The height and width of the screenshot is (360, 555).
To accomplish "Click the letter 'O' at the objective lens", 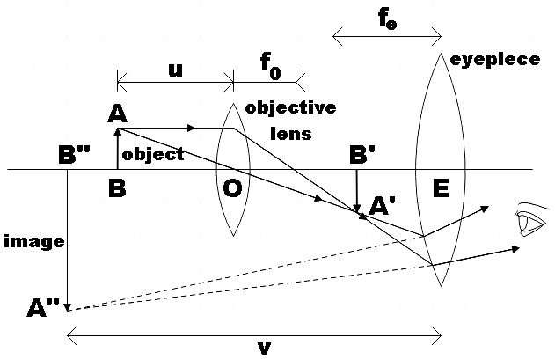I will pos(234,188).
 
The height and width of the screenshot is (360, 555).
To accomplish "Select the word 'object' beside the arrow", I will pos(153,154).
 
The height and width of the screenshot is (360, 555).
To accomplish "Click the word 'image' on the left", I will pos(26,239).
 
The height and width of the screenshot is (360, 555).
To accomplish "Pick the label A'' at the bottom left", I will pos(44,307).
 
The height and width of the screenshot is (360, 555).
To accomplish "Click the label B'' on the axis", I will pos(74,155).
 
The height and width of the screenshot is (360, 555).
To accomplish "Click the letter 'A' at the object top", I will pos(115,114).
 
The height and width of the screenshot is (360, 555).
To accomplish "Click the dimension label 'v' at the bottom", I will pos(263,347).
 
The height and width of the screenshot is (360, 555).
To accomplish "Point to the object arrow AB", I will pos(117,149).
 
